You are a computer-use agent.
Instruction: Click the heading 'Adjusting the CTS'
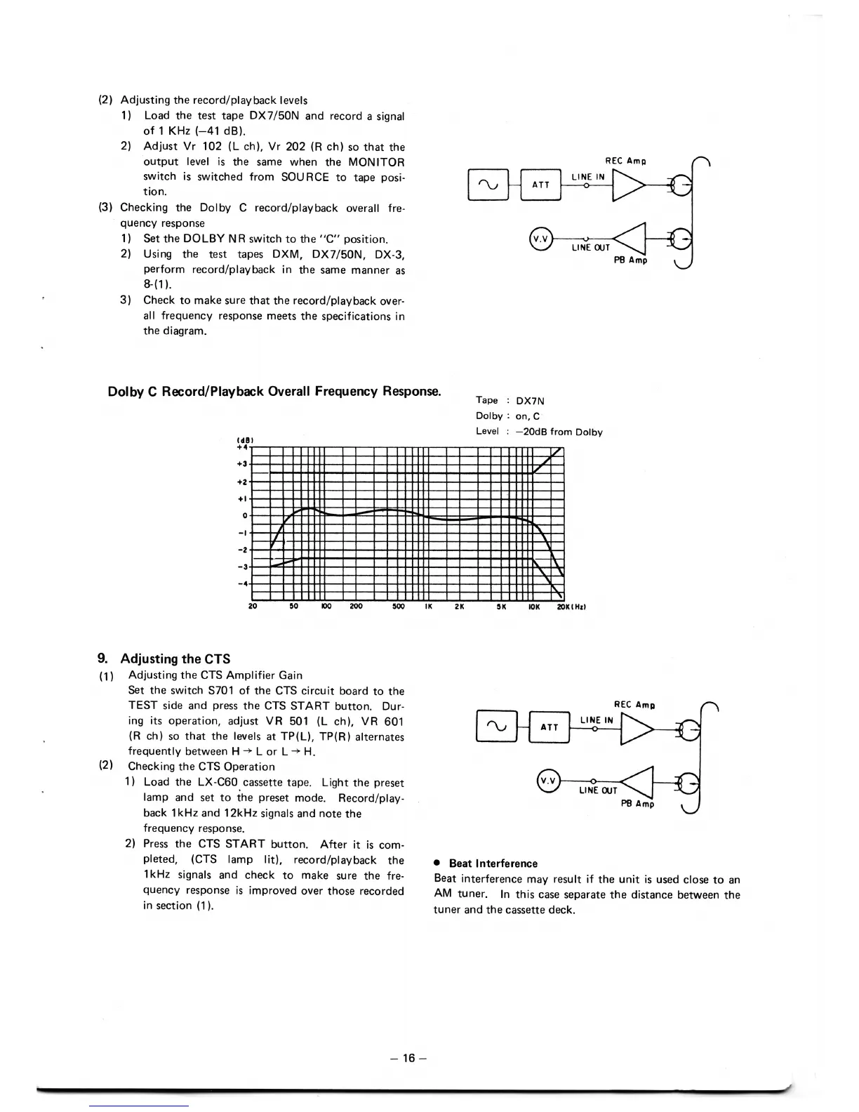pyautogui.click(x=175, y=658)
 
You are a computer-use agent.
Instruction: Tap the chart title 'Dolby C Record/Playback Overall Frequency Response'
pyautogui.click(x=274, y=391)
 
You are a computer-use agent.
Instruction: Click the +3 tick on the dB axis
pyautogui.click(x=242, y=464)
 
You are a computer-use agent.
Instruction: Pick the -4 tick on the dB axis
pyautogui.click(x=242, y=583)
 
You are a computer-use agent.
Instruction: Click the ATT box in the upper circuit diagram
pyautogui.click(x=540, y=185)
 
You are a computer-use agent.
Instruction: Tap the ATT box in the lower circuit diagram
pyautogui.click(x=549, y=727)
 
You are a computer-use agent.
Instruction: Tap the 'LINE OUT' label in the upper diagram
pyautogui.click(x=590, y=247)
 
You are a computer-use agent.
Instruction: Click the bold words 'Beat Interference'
pyautogui.click(x=493, y=863)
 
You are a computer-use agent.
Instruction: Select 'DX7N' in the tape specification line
pyautogui.click(x=530, y=401)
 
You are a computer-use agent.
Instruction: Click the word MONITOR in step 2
pyautogui.click(x=376, y=162)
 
